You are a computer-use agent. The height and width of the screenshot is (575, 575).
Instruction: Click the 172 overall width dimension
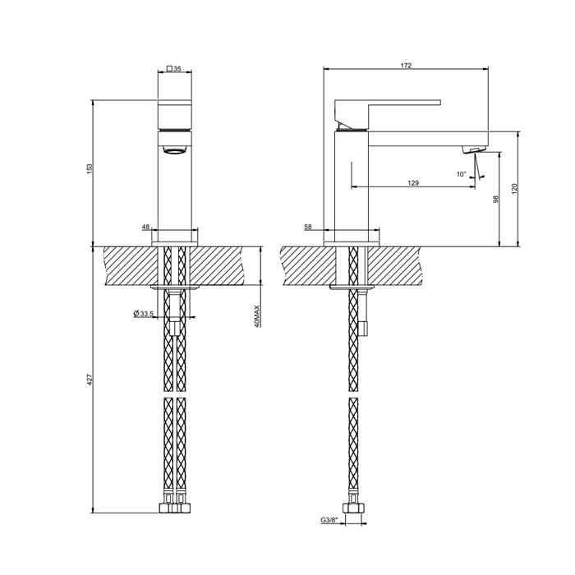[406, 65]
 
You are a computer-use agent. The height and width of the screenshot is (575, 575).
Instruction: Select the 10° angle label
[461, 173]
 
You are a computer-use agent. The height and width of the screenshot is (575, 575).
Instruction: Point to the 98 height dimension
[497, 200]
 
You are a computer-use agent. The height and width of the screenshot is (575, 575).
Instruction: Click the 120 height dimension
[515, 188]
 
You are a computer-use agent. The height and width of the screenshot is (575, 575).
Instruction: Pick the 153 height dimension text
[90, 168]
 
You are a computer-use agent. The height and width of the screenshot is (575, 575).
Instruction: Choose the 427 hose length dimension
[90, 379]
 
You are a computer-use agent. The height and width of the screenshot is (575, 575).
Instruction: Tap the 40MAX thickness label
[257, 316]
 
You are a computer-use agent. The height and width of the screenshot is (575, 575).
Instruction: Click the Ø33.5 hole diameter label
[144, 314]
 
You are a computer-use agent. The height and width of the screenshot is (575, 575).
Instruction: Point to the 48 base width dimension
[145, 227]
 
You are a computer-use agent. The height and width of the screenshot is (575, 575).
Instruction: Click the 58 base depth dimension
[307, 227]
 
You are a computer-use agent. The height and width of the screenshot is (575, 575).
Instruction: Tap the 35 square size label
[177, 70]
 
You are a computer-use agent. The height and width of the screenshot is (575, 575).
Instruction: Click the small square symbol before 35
[169, 70]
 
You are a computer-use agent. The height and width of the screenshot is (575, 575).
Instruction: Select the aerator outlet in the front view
[175, 149]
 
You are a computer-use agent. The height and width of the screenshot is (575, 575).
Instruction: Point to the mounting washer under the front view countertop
[175, 287]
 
